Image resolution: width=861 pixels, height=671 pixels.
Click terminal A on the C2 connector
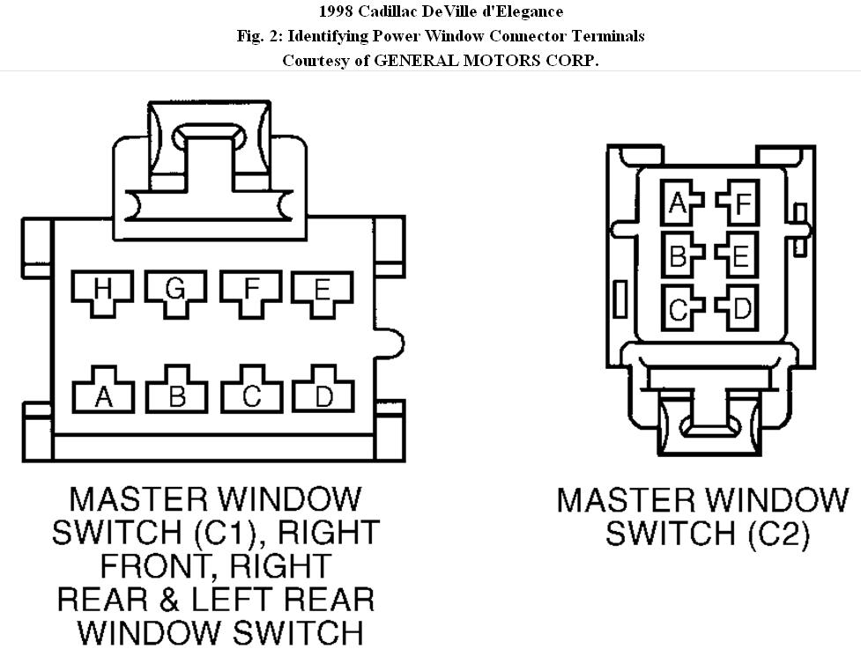[x=680, y=203]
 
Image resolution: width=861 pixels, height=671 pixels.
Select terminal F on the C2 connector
[x=739, y=203]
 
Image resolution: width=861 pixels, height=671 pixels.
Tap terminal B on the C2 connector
[x=681, y=254]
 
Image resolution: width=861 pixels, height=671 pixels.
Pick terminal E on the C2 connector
[x=738, y=254]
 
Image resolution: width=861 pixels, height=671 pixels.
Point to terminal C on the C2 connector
[x=681, y=307]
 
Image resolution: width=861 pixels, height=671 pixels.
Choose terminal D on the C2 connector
[x=738, y=307]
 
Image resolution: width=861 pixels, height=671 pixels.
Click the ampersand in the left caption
[x=169, y=599]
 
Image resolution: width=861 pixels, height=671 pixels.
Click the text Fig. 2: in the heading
[x=260, y=36]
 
